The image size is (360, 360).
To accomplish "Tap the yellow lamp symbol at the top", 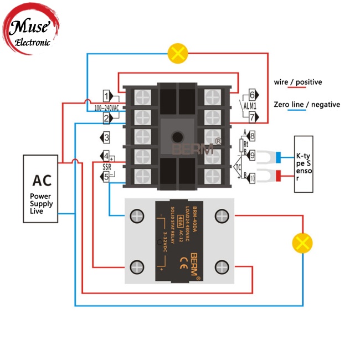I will (177, 54).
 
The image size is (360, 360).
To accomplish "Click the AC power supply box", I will (40, 189).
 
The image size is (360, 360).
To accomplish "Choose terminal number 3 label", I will (105, 137).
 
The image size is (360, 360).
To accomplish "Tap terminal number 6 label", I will (252, 95).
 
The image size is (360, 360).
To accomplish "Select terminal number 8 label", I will (252, 136).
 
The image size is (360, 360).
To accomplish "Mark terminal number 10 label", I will (252, 178).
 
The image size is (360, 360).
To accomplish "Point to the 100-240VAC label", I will (106, 107).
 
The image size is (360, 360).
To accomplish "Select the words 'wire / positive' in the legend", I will (297, 82).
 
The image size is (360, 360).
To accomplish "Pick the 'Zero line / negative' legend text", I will (307, 104).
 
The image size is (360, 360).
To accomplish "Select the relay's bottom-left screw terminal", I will (136, 265).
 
